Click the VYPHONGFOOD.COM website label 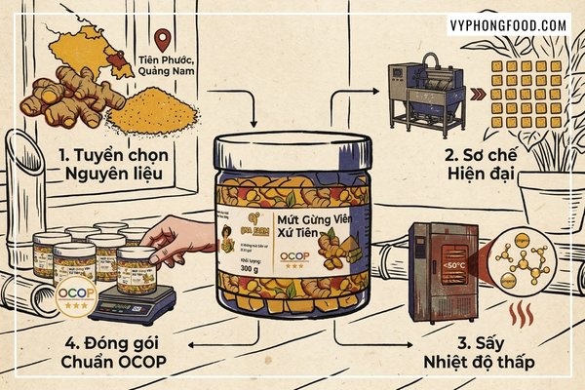click(x=508, y=24)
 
